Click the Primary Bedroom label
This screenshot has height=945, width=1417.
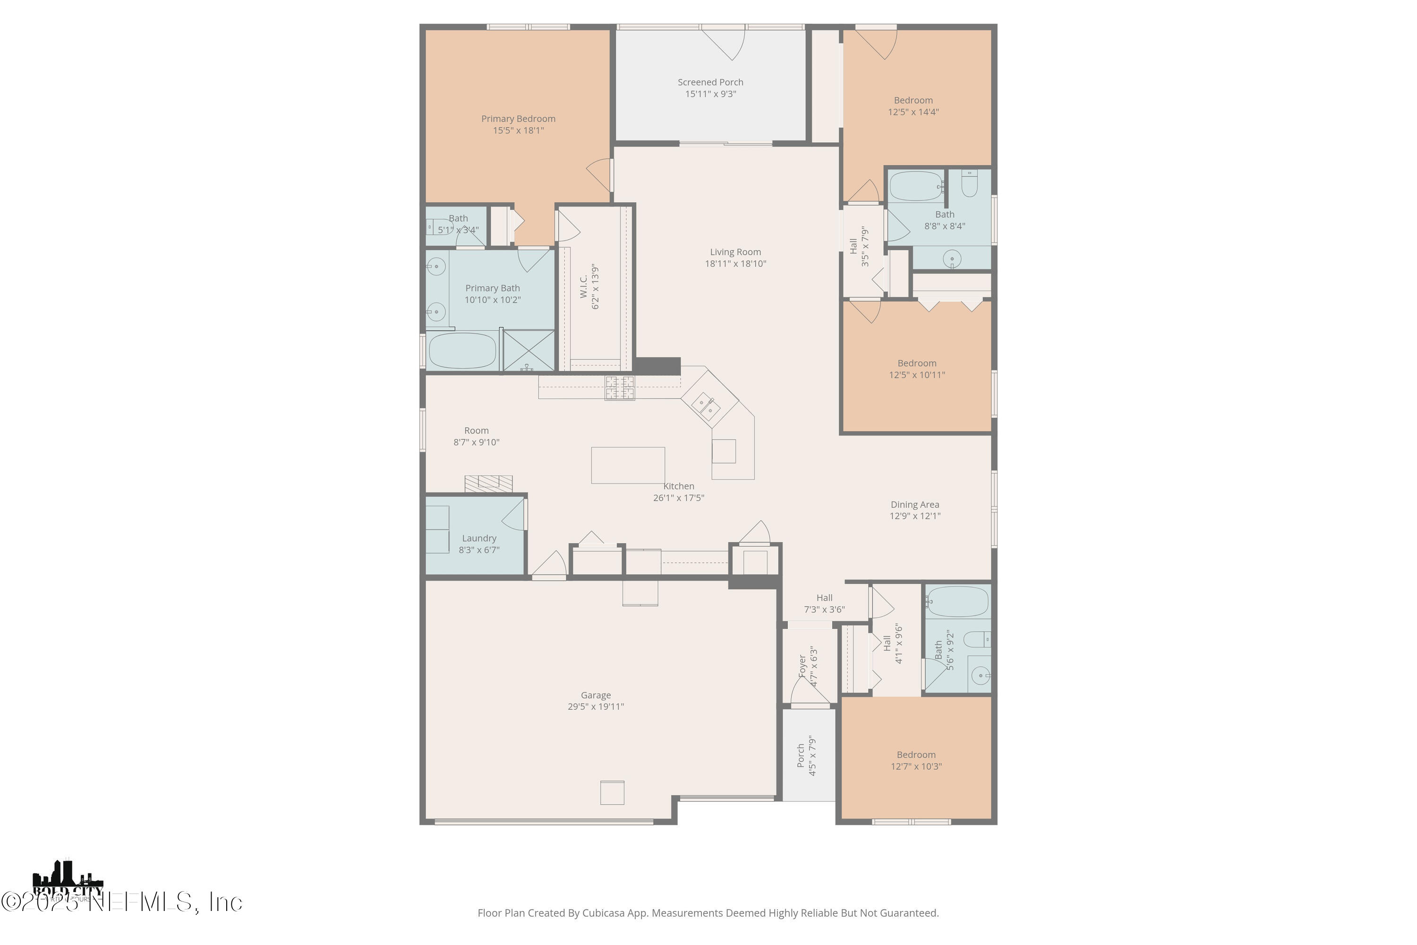(518, 119)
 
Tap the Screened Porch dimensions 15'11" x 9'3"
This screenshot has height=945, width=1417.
(710, 94)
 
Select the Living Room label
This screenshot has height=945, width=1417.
(735, 252)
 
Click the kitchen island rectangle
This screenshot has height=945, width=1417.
(628, 465)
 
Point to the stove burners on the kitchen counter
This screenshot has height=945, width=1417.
(620, 387)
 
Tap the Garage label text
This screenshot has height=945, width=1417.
(595, 695)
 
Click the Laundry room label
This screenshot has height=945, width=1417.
(479, 538)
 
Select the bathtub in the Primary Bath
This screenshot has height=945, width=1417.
(461, 350)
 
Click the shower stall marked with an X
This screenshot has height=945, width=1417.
(529, 350)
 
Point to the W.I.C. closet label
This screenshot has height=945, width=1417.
(584, 286)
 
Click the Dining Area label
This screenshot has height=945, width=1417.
(914, 505)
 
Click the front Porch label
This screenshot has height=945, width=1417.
(801, 755)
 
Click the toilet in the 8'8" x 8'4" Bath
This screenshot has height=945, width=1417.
(969, 184)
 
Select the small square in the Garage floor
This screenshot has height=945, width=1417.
(612, 792)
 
